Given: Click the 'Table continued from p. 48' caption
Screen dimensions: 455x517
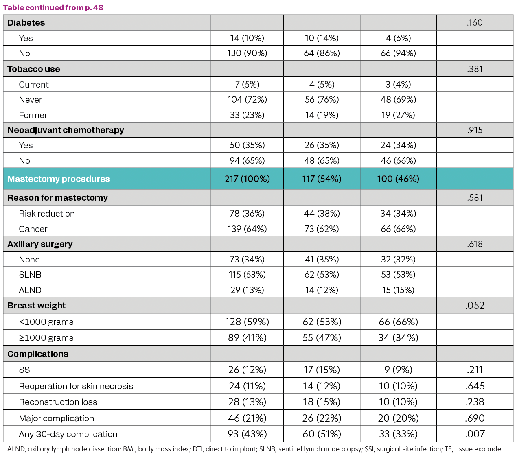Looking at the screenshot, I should click(53, 8).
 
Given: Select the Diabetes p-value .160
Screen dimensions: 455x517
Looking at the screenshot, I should click(475, 23).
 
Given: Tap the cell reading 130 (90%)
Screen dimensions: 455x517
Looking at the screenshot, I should click(247, 53).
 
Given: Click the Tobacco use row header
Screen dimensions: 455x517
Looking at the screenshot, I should click(34, 69).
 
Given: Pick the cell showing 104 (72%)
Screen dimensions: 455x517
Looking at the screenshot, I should click(247, 100).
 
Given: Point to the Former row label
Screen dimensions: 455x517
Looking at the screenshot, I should click(33, 115).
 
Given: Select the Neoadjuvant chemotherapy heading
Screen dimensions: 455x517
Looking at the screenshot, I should click(66, 130).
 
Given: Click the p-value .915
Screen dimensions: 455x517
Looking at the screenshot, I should click(475, 130).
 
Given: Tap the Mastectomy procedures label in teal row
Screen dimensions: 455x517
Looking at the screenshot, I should click(59, 179).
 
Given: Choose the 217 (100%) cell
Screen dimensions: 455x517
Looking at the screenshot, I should click(247, 179).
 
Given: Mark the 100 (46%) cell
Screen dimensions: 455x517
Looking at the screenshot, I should click(398, 179).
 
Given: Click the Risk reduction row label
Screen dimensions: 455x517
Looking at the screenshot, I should click(47, 214).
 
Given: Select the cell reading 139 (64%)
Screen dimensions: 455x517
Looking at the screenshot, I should click(247, 229).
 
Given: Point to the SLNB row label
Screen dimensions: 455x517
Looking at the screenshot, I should click(30, 275).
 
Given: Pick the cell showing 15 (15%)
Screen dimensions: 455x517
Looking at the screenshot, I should click(398, 290).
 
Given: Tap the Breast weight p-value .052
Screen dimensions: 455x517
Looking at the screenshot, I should click(475, 306).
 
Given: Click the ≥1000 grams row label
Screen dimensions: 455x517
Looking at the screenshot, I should click(46, 338).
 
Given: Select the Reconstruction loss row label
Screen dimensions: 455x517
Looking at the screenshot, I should click(58, 402).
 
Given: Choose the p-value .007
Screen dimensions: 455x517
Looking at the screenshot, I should click(475, 434).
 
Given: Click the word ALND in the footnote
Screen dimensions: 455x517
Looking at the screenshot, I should click(15, 449).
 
